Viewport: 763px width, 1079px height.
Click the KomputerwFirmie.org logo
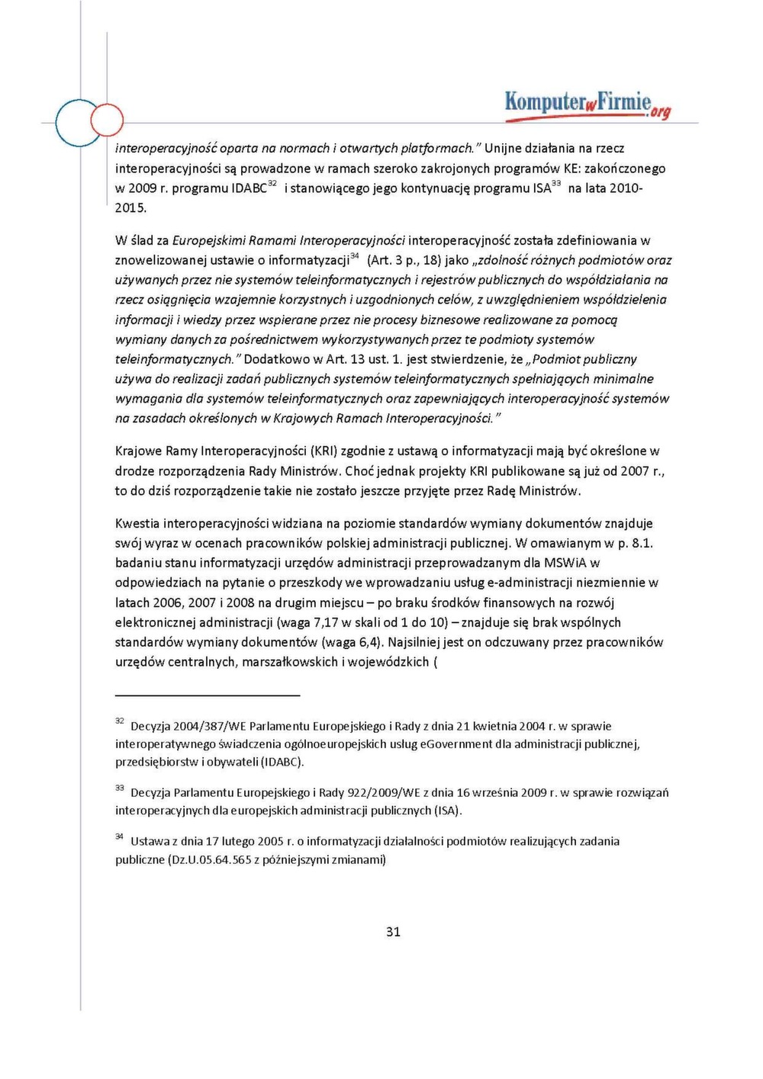click(x=588, y=104)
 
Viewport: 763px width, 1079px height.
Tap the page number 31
click(x=393, y=931)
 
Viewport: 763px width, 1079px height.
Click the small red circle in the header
click(x=107, y=120)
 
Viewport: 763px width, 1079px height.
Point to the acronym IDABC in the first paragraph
click(x=249, y=188)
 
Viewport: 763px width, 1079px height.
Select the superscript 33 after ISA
click(x=556, y=184)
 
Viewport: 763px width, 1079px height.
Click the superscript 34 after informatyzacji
click(x=355, y=256)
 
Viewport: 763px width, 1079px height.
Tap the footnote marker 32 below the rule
click(x=120, y=721)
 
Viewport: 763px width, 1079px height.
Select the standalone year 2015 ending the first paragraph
click(x=129, y=208)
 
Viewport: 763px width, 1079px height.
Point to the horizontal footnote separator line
click(x=208, y=695)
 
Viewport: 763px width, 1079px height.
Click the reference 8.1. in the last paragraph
click(x=642, y=543)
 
